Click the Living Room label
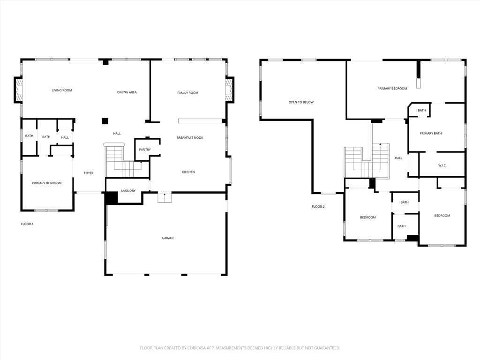coord(62,90)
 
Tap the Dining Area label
coord(127,92)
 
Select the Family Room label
coord(187,93)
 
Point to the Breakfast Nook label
coord(190,138)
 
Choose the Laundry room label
coord(128,191)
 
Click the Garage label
coord(168,238)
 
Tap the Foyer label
coord(89,173)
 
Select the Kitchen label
coord(188,172)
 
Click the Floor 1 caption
coord(27,224)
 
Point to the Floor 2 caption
coord(318,207)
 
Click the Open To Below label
coord(301,102)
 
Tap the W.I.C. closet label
coord(442,165)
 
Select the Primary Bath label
coord(431,134)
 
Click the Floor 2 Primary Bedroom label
coord(392,89)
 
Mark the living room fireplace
coord(18,90)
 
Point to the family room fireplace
coord(230,90)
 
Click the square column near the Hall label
coord(105,121)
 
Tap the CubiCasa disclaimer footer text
coord(240,348)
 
